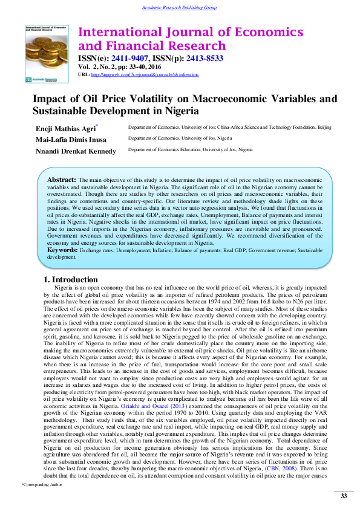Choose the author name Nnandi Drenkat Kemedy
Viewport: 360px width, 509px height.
76,151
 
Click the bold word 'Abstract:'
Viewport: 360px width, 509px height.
61,180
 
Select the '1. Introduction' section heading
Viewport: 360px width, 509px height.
71,280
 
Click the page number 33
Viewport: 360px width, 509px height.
343,496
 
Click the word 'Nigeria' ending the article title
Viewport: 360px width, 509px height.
178,111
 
